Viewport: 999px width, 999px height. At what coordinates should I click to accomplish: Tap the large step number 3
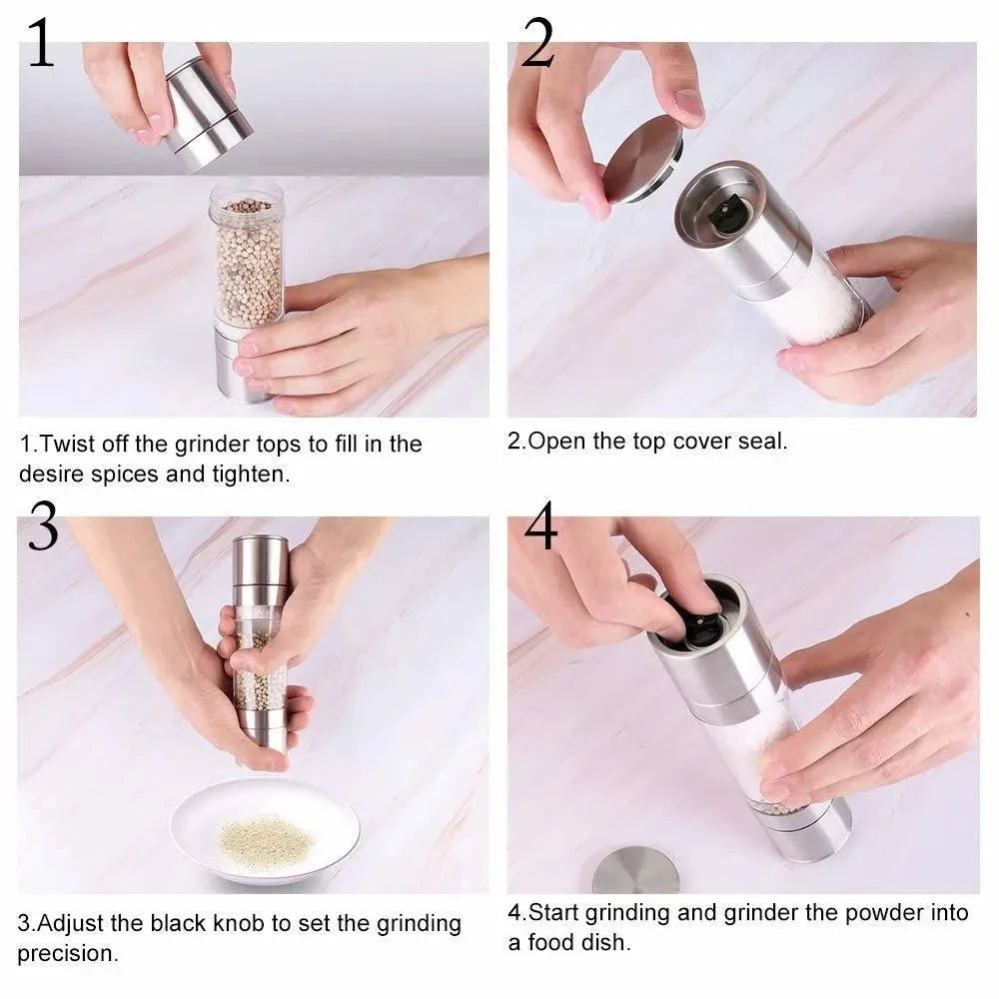click(42, 526)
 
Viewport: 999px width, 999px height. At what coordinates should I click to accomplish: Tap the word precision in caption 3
click(67, 953)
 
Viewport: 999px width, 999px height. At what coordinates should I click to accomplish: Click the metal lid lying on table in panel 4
click(635, 871)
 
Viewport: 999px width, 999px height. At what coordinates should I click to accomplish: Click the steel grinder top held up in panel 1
click(208, 112)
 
